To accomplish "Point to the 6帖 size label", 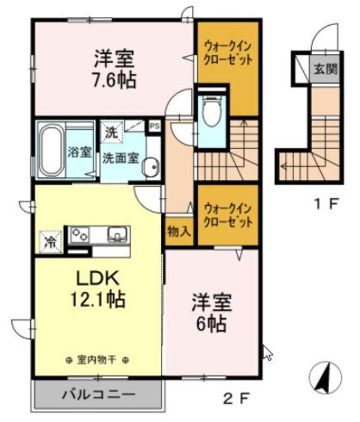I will (x=211, y=323).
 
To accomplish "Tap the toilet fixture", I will (x=212, y=113).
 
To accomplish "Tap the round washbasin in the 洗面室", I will (x=151, y=167).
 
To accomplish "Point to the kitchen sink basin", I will (x=118, y=233).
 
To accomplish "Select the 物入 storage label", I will (x=179, y=231).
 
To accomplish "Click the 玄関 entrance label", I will (x=325, y=68).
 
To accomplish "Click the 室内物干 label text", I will (x=96, y=360).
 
